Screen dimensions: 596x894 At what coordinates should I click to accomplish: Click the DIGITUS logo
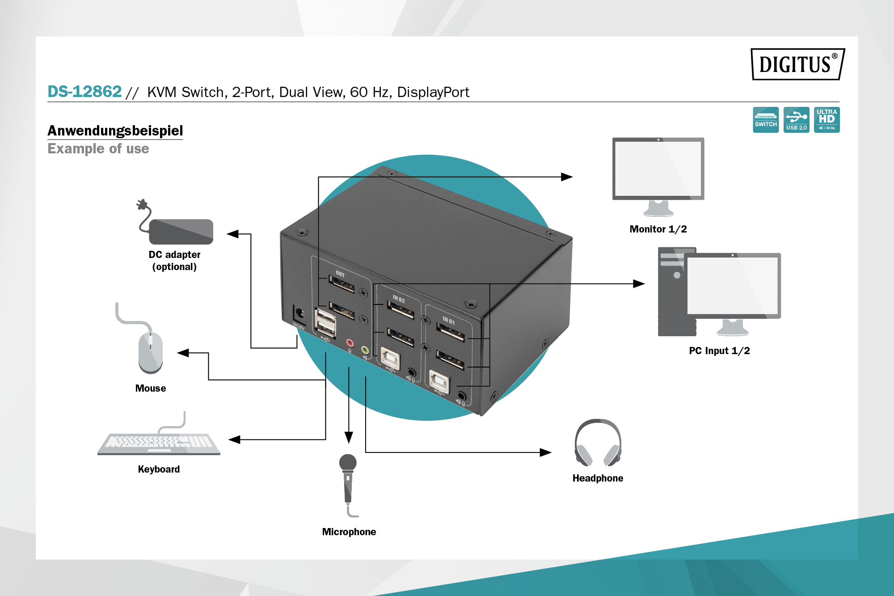(797, 64)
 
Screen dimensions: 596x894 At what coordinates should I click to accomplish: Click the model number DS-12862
(84, 92)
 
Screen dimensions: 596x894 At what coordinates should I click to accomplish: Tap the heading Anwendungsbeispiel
(115, 131)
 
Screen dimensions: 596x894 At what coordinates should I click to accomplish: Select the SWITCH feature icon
(765, 119)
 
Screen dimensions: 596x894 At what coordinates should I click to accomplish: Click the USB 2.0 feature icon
(796, 119)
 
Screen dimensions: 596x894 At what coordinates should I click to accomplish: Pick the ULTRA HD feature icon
(827, 119)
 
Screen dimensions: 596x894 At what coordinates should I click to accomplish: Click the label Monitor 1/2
(658, 229)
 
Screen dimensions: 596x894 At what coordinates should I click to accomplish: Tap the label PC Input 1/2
(719, 351)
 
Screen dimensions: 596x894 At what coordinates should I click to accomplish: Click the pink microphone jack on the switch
(350, 343)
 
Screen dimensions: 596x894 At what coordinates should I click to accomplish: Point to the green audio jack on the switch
(365, 350)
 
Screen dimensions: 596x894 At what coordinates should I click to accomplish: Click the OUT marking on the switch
(340, 274)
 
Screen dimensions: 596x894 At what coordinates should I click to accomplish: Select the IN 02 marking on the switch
(399, 299)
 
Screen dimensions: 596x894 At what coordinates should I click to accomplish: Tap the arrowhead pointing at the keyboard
(234, 440)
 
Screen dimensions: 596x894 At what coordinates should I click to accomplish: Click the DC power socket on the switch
(299, 313)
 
